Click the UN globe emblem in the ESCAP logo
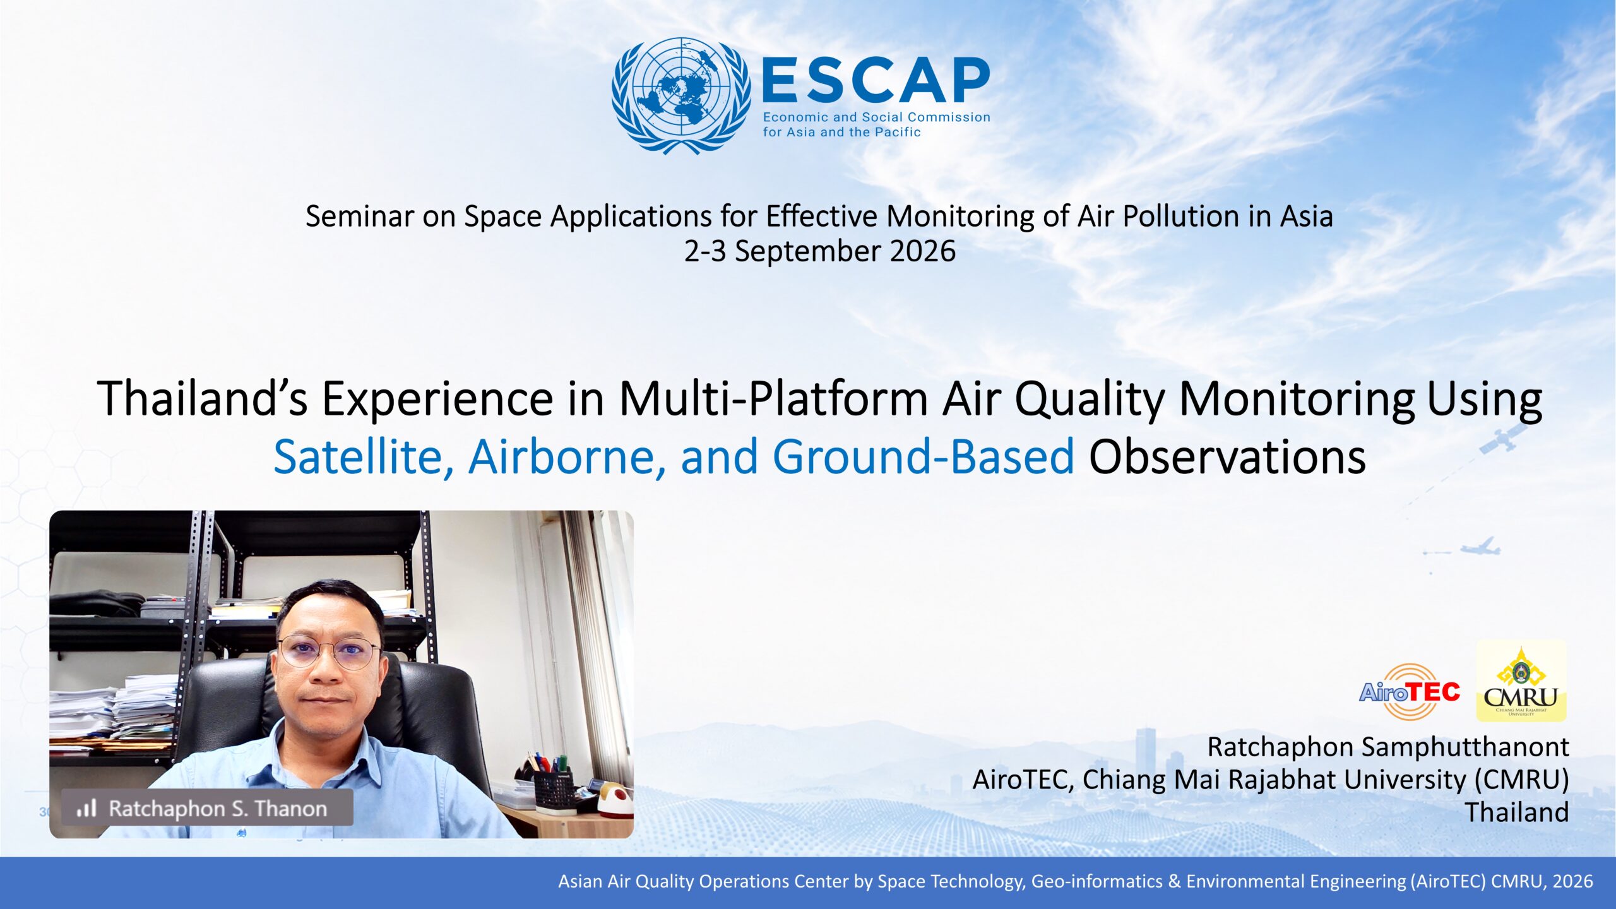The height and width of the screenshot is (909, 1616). pyautogui.click(x=681, y=95)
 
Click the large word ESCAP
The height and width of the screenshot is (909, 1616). pyautogui.click(x=876, y=80)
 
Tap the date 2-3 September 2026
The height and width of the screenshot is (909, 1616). pyautogui.click(x=820, y=251)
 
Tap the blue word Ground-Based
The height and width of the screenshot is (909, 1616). pyautogui.click(x=923, y=456)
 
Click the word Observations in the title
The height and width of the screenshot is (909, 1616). pyautogui.click(x=1227, y=456)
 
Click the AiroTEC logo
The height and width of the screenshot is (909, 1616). pyautogui.click(x=1410, y=691)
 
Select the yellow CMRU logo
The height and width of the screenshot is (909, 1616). pyautogui.click(x=1521, y=682)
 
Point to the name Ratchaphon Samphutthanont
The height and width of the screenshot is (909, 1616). pyautogui.click(x=1388, y=747)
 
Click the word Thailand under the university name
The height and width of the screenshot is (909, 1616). pyautogui.click(x=1517, y=812)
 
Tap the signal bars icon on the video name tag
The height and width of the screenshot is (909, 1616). pyautogui.click(x=86, y=808)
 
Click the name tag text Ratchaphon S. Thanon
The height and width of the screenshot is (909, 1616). pyautogui.click(x=218, y=809)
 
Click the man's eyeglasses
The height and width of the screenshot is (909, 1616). pyautogui.click(x=329, y=652)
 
